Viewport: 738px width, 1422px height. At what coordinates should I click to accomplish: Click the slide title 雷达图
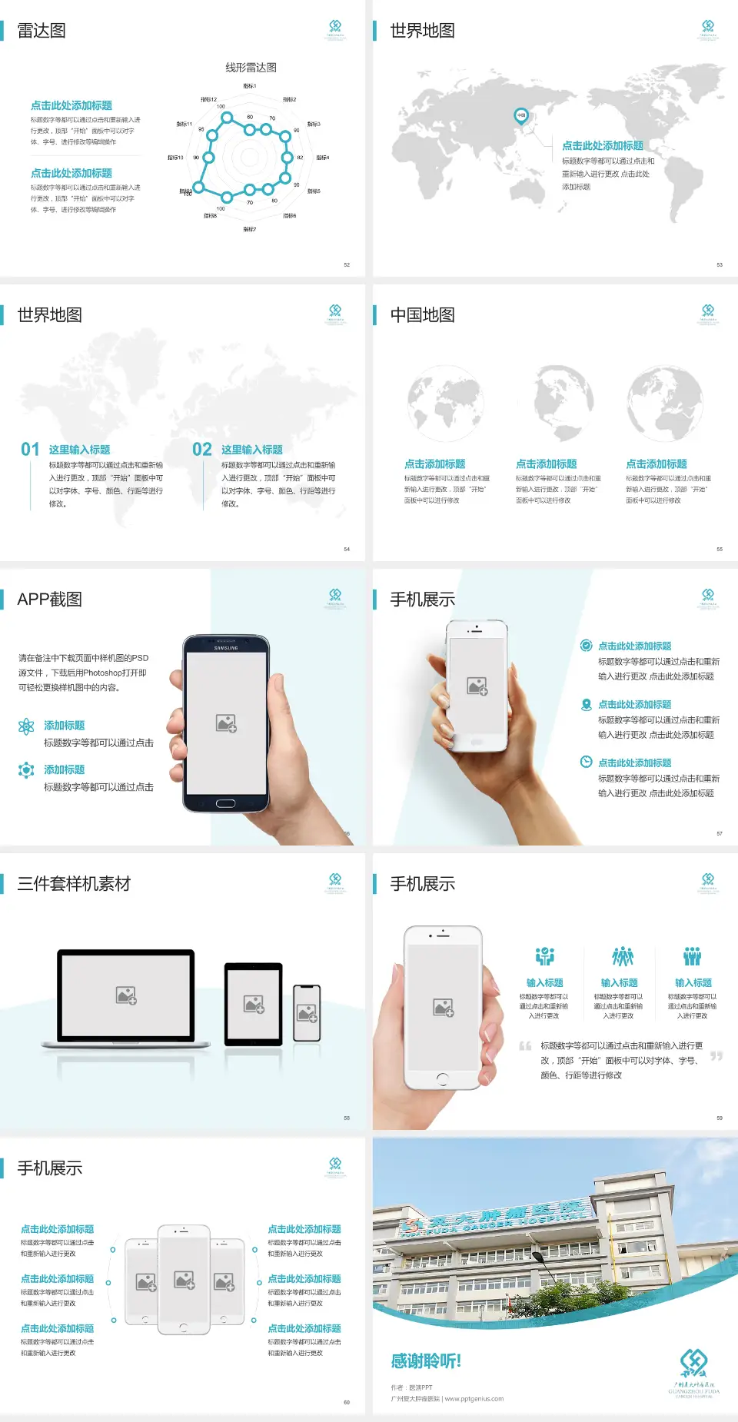[42, 31]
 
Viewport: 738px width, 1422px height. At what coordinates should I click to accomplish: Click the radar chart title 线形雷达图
[251, 68]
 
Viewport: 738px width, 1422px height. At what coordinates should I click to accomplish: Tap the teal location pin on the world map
[520, 116]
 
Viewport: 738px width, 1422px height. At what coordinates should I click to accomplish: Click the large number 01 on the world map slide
[30, 450]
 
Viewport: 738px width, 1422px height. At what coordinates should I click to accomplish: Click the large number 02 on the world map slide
[202, 450]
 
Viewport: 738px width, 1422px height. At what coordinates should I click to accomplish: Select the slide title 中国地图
[422, 315]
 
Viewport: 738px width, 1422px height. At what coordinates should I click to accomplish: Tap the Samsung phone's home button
[225, 803]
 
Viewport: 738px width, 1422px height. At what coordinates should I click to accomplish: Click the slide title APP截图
[50, 600]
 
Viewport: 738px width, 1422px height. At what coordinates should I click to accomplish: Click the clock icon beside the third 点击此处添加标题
[586, 762]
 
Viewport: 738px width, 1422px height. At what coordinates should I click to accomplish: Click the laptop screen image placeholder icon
[126, 995]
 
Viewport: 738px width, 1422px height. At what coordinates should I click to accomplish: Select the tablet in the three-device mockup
[254, 1004]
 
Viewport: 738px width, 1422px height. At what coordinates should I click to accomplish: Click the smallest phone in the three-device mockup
[307, 1013]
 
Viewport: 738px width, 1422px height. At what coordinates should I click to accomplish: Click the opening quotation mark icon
[525, 1046]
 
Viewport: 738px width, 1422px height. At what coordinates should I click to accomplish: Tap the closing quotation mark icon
[716, 1056]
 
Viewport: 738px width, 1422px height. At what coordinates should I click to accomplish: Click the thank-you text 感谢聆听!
[426, 1361]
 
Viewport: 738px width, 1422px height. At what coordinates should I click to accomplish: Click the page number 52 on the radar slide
[347, 264]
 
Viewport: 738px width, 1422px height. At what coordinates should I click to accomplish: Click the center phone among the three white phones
[184, 1280]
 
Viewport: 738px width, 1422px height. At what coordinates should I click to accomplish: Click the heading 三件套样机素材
[74, 884]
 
